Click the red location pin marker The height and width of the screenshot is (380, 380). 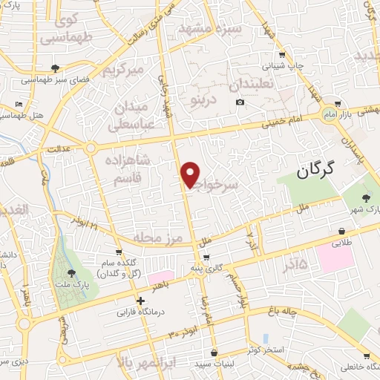[191, 174]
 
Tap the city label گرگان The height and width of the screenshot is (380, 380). [325, 171]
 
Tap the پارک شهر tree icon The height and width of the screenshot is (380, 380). [367, 197]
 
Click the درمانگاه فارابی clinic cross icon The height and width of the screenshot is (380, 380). [140, 301]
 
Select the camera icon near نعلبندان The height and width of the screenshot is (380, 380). [240, 102]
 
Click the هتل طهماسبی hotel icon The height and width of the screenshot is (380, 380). [19, 104]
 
